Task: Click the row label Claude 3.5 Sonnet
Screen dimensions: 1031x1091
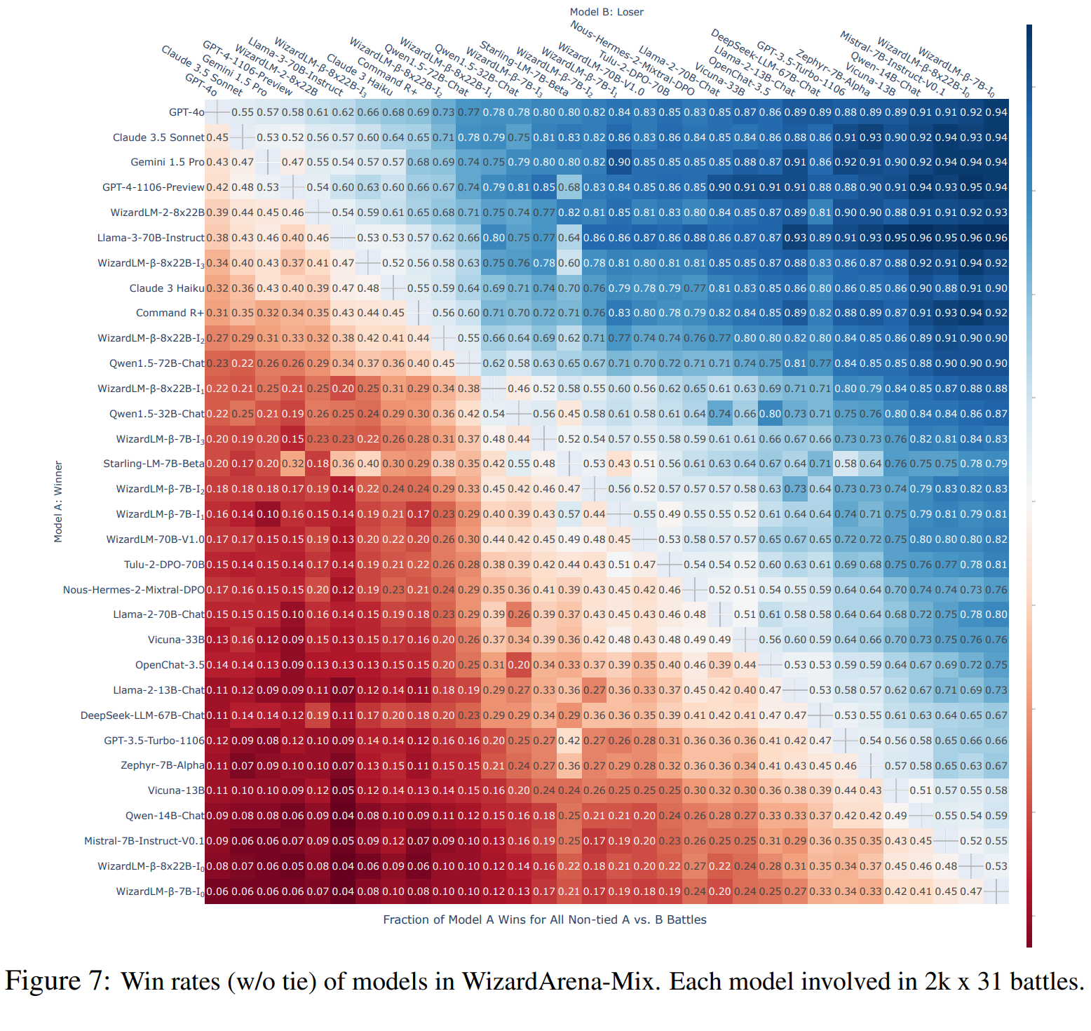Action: click(158, 137)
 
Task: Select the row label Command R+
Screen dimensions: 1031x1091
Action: click(170, 313)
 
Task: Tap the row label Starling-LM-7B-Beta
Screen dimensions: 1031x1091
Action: click(154, 464)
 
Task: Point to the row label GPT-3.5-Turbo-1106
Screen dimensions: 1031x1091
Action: click(154, 741)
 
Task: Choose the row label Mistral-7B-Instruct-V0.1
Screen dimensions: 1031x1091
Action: click(144, 841)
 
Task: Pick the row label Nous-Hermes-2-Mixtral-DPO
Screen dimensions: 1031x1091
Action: click(133, 590)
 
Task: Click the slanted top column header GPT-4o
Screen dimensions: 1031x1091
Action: click(202, 85)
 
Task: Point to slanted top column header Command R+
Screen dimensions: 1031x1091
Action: click(387, 76)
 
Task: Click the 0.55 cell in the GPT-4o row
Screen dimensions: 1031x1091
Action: click(243, 112)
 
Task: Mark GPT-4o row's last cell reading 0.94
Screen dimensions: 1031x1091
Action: click(996, 112)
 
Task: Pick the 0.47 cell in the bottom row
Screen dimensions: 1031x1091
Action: click(971, 891)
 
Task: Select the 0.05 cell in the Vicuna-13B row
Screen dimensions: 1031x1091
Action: click(343, 790)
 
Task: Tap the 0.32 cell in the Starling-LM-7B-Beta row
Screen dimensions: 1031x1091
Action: click(292, 464)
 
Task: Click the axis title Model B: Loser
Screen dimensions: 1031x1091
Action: click(607, 12)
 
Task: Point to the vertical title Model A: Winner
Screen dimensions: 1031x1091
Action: click(58, 501)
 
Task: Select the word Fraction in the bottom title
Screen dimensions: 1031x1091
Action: click(405, 919)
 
